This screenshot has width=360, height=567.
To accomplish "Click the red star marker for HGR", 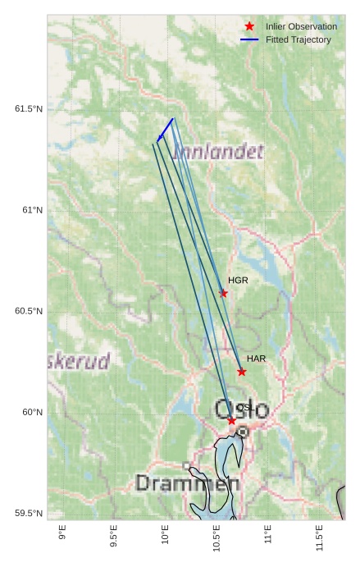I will (224, 293).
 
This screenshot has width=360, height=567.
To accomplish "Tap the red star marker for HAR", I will (242, 372).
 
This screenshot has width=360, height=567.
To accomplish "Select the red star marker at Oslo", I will (232, 421).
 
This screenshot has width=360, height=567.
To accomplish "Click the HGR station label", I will (238, 281).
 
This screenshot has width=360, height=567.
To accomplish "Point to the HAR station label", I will (256, 359).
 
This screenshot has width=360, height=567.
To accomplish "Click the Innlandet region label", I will (219, 152).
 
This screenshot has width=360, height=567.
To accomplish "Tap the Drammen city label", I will (187, 483).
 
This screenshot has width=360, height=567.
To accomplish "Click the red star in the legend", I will (250, 26).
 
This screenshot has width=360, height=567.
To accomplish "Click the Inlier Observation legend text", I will (301, 26).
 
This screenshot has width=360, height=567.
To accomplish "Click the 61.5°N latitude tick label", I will (29, 109).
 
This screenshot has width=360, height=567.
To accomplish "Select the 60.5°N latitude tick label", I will (29, 311).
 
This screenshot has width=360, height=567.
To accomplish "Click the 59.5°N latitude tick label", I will (29, 513).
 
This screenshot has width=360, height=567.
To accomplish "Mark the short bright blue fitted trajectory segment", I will (166, 129).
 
